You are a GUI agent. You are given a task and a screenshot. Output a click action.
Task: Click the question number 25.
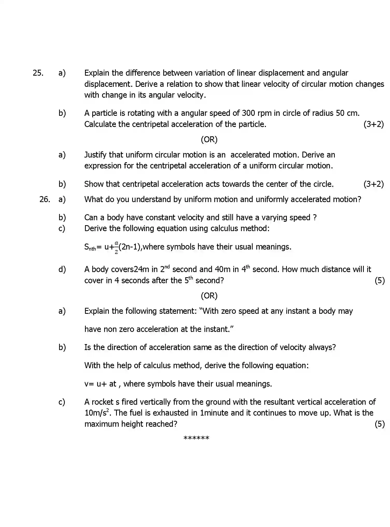pos(38,73)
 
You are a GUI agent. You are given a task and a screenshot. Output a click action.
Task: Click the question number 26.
pos(45,199)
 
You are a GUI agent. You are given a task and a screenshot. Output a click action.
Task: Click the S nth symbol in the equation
pos(90,247)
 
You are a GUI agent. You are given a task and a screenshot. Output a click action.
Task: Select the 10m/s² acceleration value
pos(97,413)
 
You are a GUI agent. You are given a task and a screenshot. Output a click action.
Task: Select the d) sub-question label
pos(62,269)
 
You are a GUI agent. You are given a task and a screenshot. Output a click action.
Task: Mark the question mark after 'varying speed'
pos(315,217)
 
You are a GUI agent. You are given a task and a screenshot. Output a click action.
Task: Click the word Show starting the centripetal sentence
pos(94,184)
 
